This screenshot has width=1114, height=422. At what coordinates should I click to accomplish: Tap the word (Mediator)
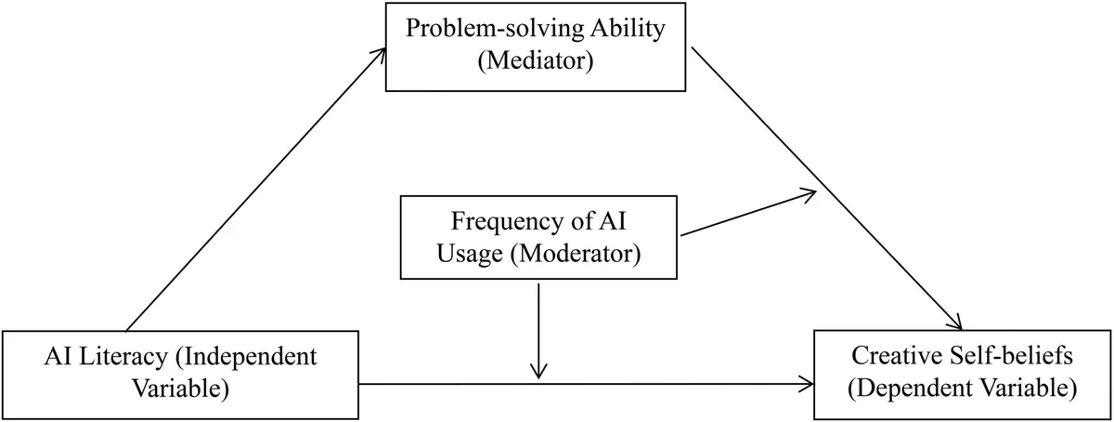click(x=536, y=60)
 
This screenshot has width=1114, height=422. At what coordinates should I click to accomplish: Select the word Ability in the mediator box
click(x=628, y=29)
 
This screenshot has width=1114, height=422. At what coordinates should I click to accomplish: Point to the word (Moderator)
click(x=576, y=254)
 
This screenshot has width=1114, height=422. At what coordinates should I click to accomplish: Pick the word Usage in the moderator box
click(x=470, y=254)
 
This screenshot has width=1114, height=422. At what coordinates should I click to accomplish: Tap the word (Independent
click(x=246, y=357)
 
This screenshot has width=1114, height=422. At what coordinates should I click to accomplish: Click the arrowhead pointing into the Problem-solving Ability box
click(x=382, y=53)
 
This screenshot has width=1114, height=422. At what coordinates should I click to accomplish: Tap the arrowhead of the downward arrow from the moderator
click(x=538, y=372)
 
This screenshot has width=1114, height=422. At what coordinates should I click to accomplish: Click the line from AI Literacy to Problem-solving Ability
click(x=256, y=190)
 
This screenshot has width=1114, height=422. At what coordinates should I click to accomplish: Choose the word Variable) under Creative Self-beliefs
click(x=1030, y=389)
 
